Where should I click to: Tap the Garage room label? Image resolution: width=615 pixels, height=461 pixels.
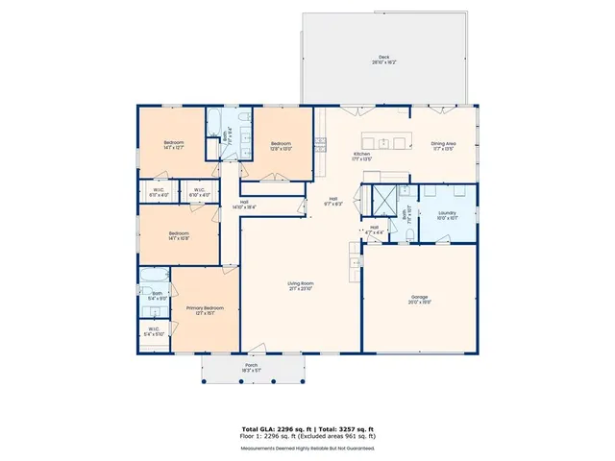(420, 299)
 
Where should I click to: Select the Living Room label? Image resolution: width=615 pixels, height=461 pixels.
(301, 285)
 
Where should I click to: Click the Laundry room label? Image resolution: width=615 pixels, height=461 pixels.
(447, 215)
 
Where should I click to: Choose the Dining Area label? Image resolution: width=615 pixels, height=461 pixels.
(443, 145)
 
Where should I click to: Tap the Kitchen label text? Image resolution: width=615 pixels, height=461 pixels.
(361, 156)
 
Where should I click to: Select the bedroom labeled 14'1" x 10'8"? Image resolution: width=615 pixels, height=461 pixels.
(179, 236)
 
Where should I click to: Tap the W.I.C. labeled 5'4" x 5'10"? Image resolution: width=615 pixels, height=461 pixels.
(154, 332)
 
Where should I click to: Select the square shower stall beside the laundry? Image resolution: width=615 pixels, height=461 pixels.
(384, 196)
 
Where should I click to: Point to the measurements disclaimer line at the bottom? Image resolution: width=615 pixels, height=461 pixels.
(307, 448)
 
